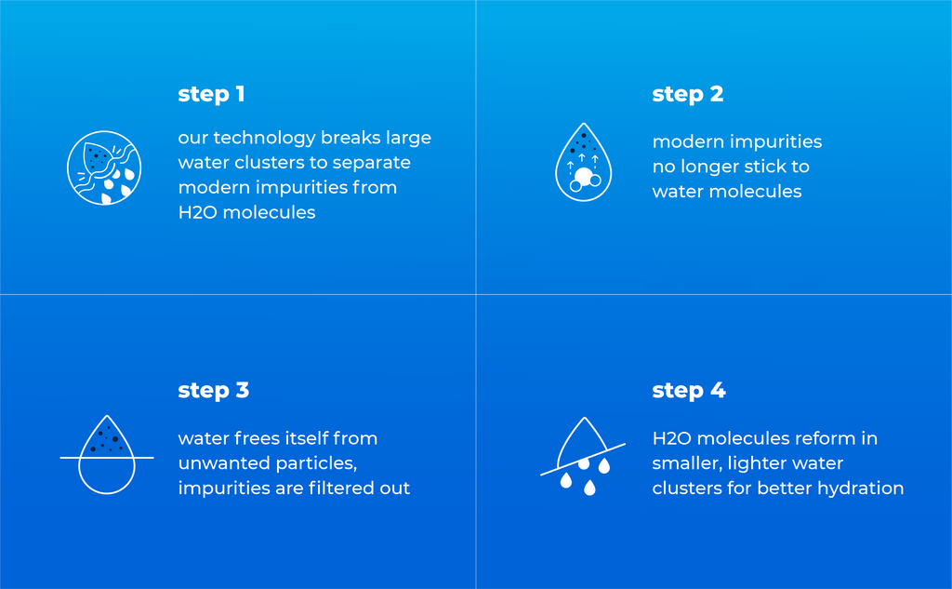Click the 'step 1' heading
[211, 95]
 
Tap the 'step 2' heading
[687, 95]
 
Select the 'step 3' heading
[213, 391]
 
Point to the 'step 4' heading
[689, 391]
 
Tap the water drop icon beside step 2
[584, 162]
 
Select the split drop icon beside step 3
[107, 455]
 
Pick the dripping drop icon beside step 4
[583, 456]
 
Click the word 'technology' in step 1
[264, 139]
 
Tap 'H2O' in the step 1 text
[197, 212]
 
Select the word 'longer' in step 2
[706, 167]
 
